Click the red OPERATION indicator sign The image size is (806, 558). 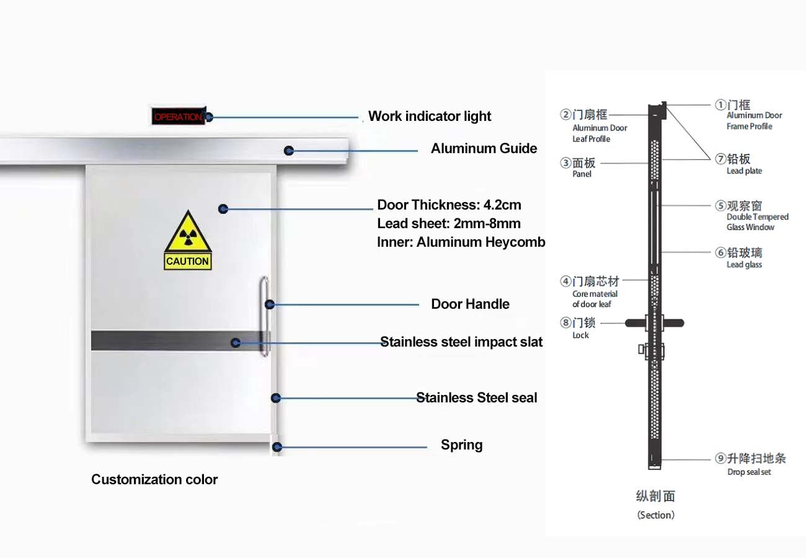pyautogui.click(x=178, y=117)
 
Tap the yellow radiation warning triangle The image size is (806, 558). pyautogui.click(x=188, y=234)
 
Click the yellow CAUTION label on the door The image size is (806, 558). pyautogui.click(x=188, y=262)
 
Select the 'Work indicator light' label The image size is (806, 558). pyautogui.click(x=430, y=116)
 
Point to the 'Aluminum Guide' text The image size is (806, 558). pyautogui.click(x=484, y=148)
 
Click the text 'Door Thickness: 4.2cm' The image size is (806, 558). pyautogui.click(x=449, y=205)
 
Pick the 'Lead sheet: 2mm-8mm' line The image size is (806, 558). pyautogui.click(x=449, y=223)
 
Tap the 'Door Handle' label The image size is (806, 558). pyautogui.click(x=470, y=304)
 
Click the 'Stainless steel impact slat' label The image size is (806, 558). pyautogui.click(x=461, y=342)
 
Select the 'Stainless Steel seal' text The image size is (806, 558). pyautogui.click(x=476, y=397)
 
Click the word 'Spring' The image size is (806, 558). pyautogui.click(x=461, y=445)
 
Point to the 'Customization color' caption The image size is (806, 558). pyautogui.click(x=154, y=479)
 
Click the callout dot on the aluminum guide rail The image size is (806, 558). pyautogui.click(x=289, y=150)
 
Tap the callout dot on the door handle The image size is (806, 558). pyautogui.click(x=270, y=304)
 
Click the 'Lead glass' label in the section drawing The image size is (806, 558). pyautogui.click(x=744, y=265)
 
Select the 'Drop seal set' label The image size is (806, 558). pyautogui.click(x=749, y=472)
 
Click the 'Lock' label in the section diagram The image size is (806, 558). pyautogui.click(x=580, y=335)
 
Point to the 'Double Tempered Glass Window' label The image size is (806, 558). pyautogui.click(x=757, y=222)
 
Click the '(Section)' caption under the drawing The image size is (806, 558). pyautogui.click(x=655, y=515)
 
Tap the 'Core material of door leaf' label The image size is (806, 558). pyautogui.click(x=595, y=299)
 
